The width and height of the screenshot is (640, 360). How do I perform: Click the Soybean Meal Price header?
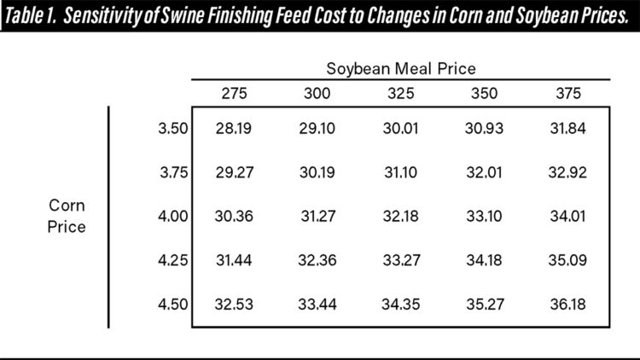click(x=400, y=67)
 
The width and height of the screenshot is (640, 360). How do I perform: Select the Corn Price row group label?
click(x=67, y=217)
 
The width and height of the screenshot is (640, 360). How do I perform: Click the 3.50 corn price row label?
click(x=172, y=128)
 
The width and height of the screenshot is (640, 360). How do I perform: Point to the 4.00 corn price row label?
click(x=172, y=217)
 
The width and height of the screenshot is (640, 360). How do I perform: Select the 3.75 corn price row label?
click(x=172, y=172)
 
